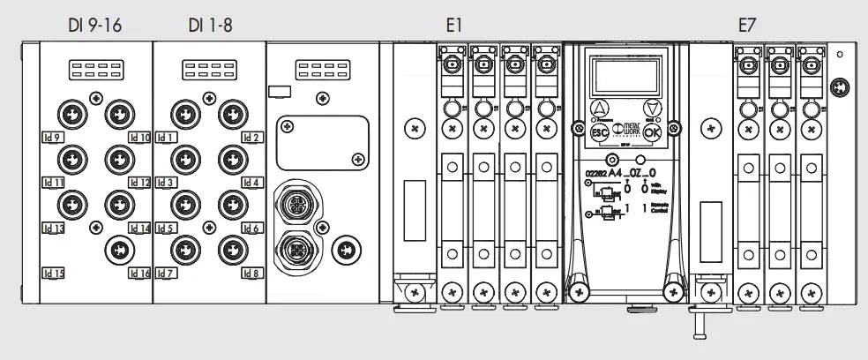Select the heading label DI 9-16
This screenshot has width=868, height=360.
[x=94, y=24]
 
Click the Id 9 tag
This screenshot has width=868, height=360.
[x=52, y=138]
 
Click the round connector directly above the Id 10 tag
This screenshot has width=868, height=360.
[x=117, y=113]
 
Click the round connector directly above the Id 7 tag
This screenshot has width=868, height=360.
[x=183, y=247]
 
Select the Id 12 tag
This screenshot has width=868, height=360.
[x=139, y=183]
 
